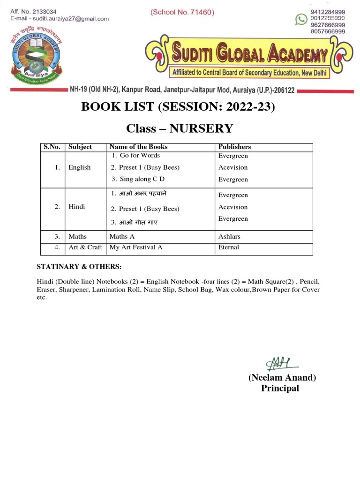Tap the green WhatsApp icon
point(300,19)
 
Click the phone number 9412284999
point(328,12)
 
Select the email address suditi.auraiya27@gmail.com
point(67,19)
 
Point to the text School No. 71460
point(182,13)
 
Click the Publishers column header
point(234,147)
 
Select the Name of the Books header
point(138,147)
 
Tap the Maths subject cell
point(77,237)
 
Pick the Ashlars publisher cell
point(229,237)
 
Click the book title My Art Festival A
point(136,247)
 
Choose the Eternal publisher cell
point(229,247)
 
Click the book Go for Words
point(136,156)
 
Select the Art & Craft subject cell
point(85,247)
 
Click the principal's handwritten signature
point(279,362)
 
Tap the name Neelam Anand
point(282,378)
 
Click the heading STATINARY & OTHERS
point(79,267)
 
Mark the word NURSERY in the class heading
point(201,128)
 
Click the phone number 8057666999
point(328,31)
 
